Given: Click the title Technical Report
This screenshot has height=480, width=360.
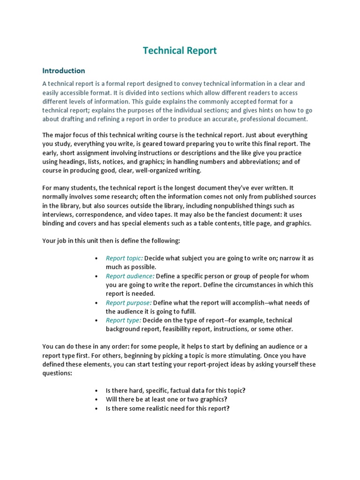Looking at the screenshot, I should (x=180, y=51).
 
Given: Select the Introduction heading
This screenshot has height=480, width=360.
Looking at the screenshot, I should (x=64, y=71).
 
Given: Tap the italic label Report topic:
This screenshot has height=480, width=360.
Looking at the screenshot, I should (x=124, y=258).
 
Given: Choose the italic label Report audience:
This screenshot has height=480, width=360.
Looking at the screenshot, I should (x=130, y=276).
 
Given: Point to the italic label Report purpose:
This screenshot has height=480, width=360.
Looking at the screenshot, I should (x=128, y=303).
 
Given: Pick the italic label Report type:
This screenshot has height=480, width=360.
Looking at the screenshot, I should (x=123, y=320).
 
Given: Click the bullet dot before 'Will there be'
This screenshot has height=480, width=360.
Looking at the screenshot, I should (x=96, y=399).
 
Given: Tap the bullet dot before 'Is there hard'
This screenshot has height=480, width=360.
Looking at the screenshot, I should (x=96, y=390).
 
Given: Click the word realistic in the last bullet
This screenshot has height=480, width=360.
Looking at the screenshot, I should (x=160, y=408).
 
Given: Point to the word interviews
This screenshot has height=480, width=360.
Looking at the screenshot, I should (x=58, y=215).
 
